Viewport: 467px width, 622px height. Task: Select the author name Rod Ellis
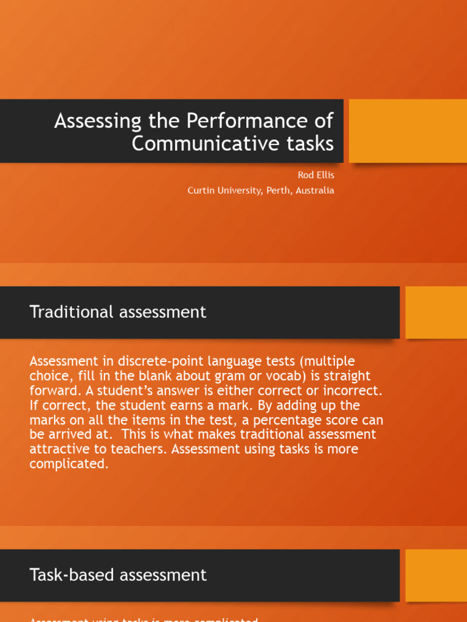[x=316, y=175]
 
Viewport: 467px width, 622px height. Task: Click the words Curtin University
[x=224, y=190]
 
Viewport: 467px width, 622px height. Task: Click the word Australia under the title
[x=316, y=190]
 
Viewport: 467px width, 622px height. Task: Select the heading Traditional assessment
[x=118, y=312]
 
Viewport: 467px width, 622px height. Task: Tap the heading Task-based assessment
[x=118, y=575]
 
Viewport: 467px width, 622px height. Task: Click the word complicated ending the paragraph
[x=67, y=464]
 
